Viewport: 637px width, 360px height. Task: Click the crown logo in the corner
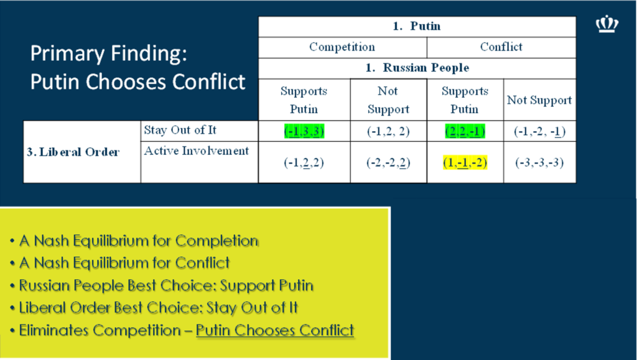(x=607, y=24)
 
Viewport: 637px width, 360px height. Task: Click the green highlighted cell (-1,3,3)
(x=304, y=131)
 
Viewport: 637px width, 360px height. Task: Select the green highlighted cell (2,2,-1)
(x=465, y=131)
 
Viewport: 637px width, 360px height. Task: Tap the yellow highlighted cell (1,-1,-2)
(x=465, y=162)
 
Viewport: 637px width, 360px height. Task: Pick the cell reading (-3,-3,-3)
(x=539, y=162)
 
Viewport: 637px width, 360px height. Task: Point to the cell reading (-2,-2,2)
(x=388, y=162)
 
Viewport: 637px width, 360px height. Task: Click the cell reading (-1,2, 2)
(x=388, y=131)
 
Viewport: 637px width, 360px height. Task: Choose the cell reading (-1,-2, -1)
(x=539, y=131)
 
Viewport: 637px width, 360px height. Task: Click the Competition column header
(x=342, y=47)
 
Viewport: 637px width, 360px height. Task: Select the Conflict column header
(x=501, y=47)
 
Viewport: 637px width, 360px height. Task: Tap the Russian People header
(x=417, y=67)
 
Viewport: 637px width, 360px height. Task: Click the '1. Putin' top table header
(x=417, y=26)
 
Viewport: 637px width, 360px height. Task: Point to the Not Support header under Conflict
(x=539, y=100)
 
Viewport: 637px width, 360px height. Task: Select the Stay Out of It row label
(x=180, y=130)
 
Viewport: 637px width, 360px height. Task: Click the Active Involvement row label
(x=196, y=150)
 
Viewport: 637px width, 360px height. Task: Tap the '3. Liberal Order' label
(x=73, y=152)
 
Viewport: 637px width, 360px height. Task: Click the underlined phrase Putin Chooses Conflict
(x=275, y=330)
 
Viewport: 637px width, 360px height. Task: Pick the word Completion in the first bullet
(x=217, y=241)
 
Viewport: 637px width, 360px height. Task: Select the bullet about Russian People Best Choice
(x=162, y=285)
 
